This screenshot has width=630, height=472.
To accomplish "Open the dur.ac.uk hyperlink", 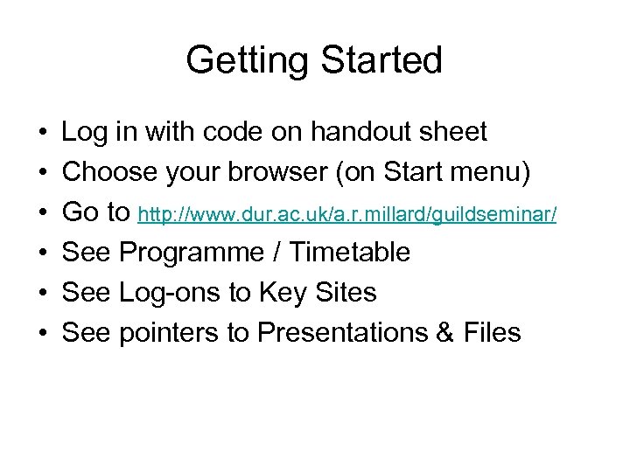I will tap(347, 214).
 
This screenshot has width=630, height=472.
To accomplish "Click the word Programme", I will tap(191, 253).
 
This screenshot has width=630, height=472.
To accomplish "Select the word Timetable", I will tap(349, 253).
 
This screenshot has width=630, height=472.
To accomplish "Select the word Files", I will tap(489, 333).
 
